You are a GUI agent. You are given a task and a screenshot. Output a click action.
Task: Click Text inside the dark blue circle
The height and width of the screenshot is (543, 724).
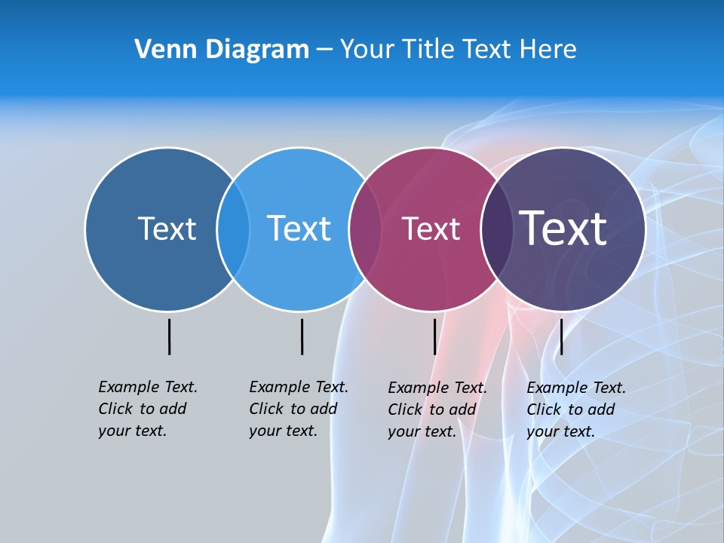tap(167, 229)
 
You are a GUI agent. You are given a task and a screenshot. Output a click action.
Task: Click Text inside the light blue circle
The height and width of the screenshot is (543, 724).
tap(299, 229)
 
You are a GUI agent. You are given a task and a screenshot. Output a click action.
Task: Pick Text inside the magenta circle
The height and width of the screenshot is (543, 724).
tap(431, 229)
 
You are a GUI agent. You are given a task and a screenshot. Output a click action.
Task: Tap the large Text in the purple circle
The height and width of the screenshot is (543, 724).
tap(563, 229)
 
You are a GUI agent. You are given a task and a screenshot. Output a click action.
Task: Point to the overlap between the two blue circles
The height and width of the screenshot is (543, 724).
tap(233, 229)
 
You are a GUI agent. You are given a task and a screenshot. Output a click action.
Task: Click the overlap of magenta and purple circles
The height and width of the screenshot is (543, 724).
tap(497, 229)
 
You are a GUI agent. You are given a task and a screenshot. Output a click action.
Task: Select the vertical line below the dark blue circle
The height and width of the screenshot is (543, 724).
tap(169, 336)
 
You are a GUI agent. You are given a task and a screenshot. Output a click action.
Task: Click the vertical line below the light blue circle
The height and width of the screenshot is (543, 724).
tap(302, 336)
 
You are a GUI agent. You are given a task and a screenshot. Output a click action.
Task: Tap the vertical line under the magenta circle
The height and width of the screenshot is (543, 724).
tap(434, 336)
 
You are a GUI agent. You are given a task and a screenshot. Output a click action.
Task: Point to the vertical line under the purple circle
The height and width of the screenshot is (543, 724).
tap(561, 336)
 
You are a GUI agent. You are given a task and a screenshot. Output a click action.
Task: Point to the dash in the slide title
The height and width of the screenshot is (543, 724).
tap(324, 50)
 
